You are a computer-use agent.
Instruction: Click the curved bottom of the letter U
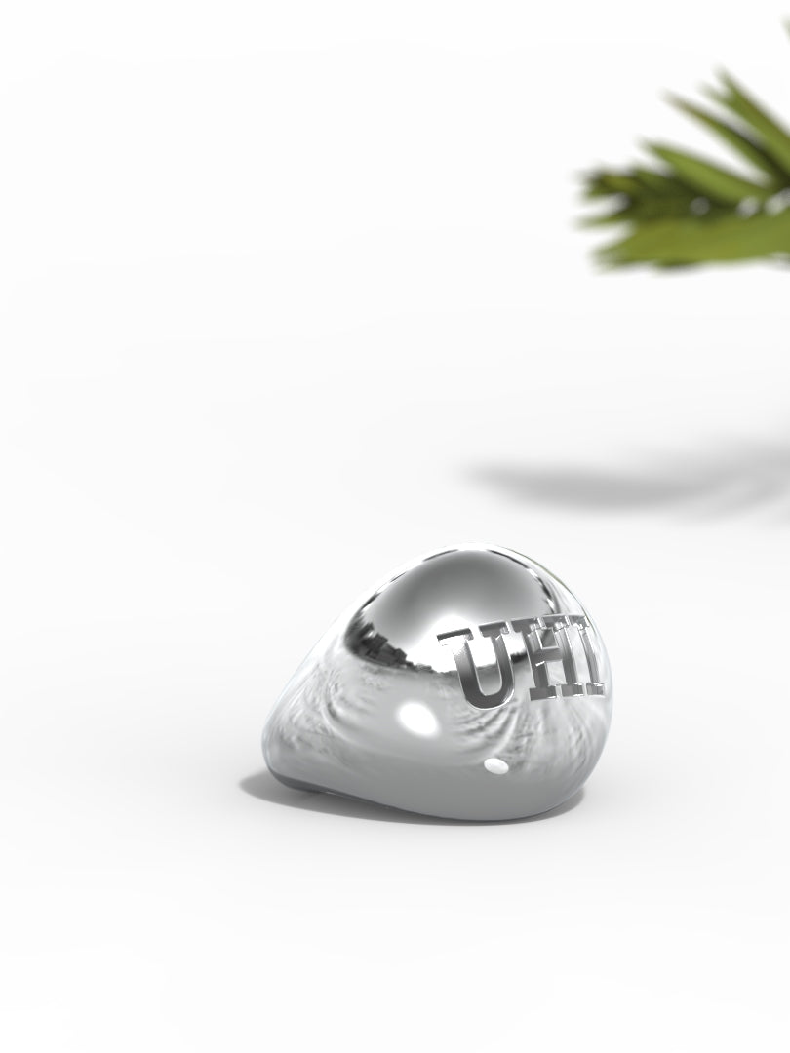[485, 699]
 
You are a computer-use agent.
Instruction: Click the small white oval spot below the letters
[495, 766]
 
